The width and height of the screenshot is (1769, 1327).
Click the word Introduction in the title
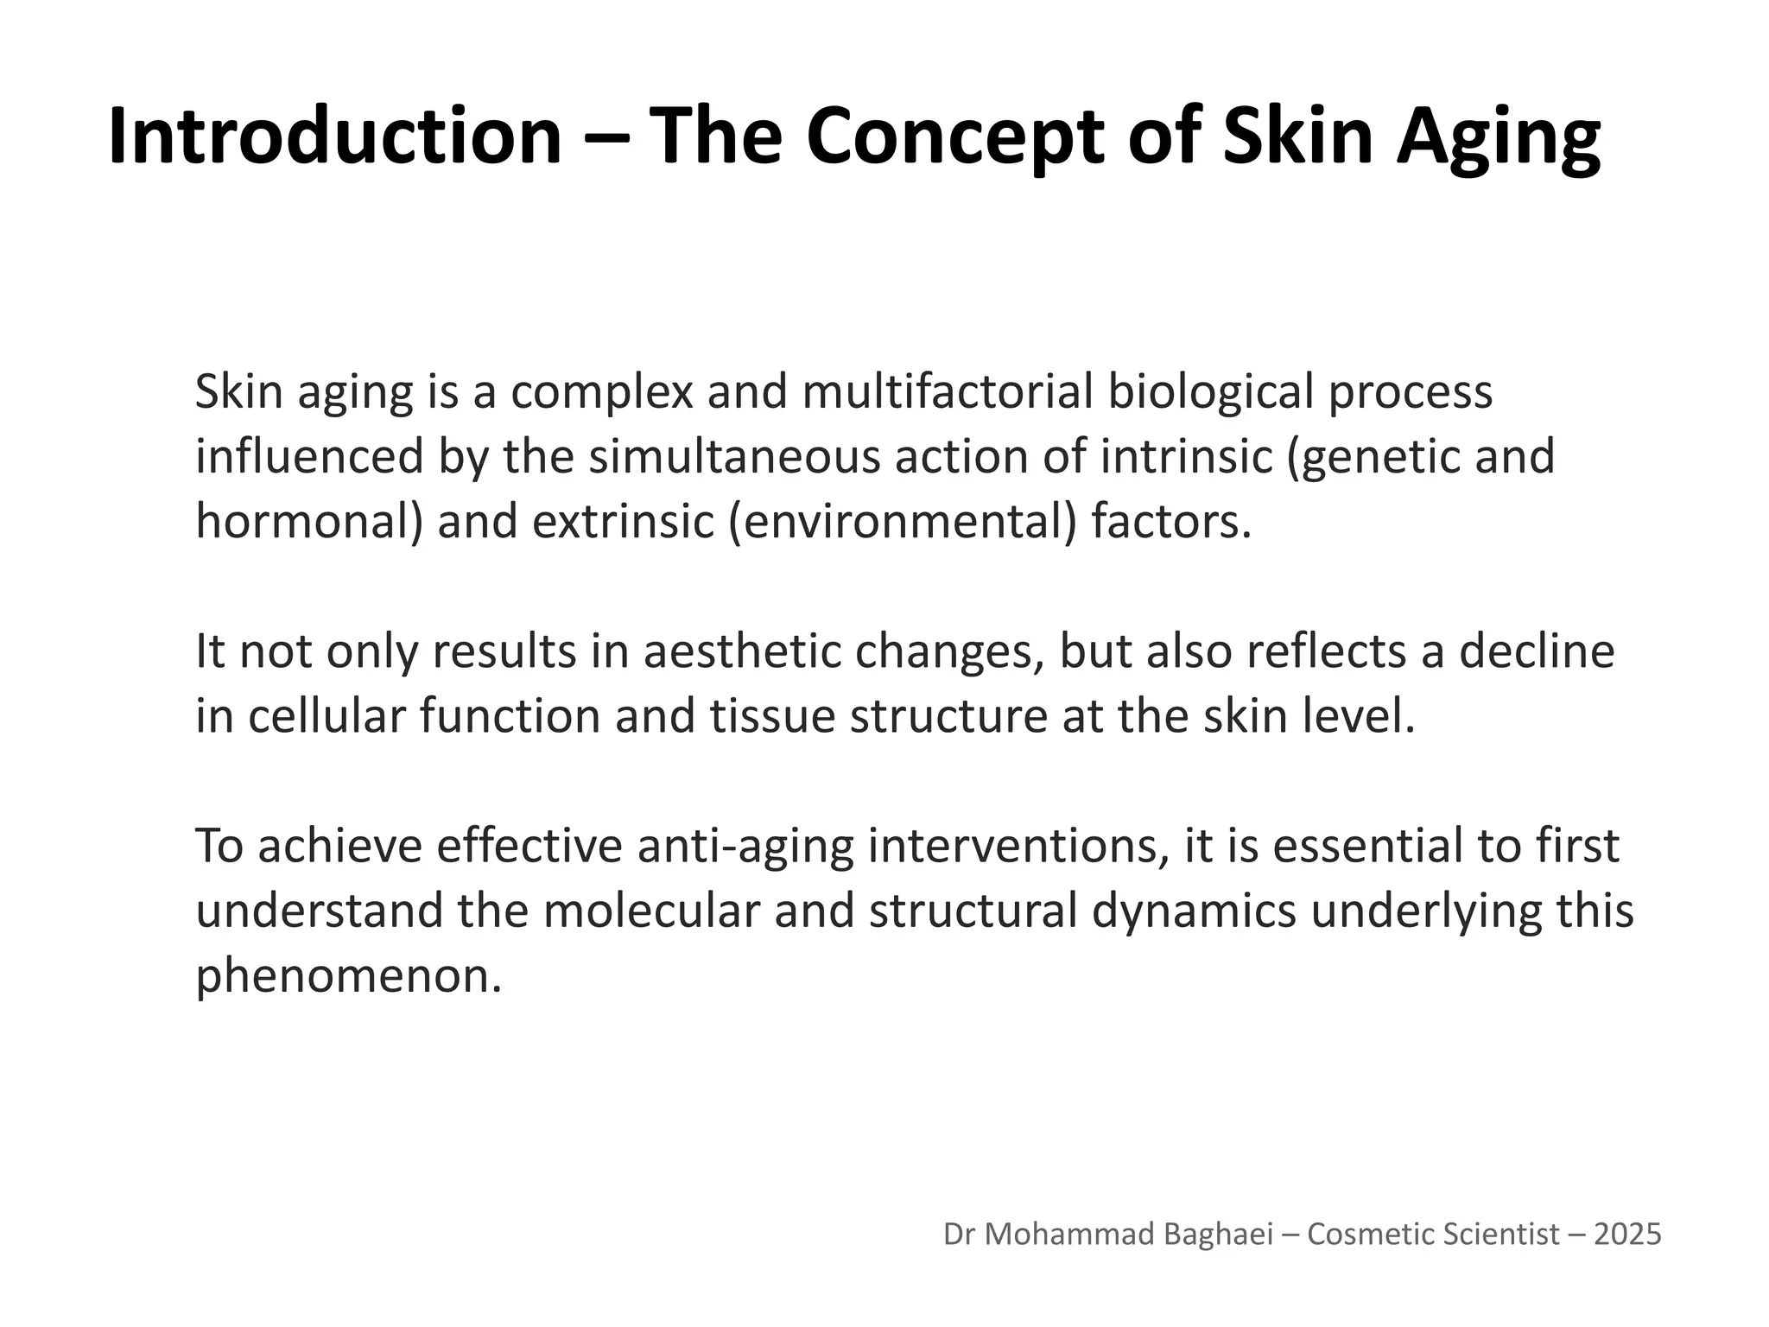pos(335,137)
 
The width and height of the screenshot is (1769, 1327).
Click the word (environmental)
pos(904,522)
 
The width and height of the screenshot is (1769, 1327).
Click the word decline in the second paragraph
pos(1537,651)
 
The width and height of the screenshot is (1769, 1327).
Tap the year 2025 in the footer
pos(1627,1235)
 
